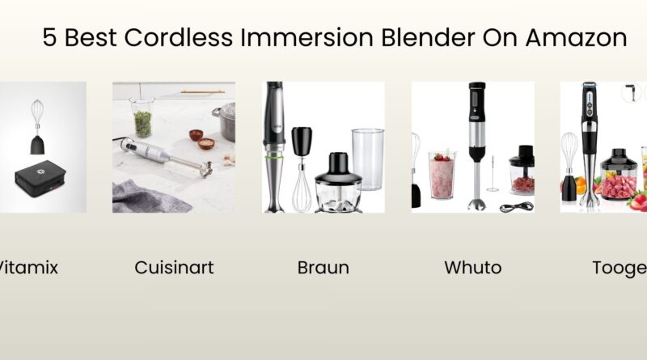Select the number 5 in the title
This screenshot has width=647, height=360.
pyautogui.click(x=50, y=38)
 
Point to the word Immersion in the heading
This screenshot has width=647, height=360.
pyautogui.click(x=331, y=38)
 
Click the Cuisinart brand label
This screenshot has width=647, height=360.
pyautogui.click(x=174, y=268)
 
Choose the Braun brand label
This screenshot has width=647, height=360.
pyautogui.click(x=323, y=268)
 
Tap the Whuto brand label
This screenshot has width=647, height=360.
pyautogui.click(x=472, y=268)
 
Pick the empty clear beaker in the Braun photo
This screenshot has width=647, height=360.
pyautogui.click(x=367, y=158)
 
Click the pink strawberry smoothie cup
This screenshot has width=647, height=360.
pyautogui.click(x=442, y=174)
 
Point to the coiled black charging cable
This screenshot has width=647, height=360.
pyautogui.click(x=510, y=206)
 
